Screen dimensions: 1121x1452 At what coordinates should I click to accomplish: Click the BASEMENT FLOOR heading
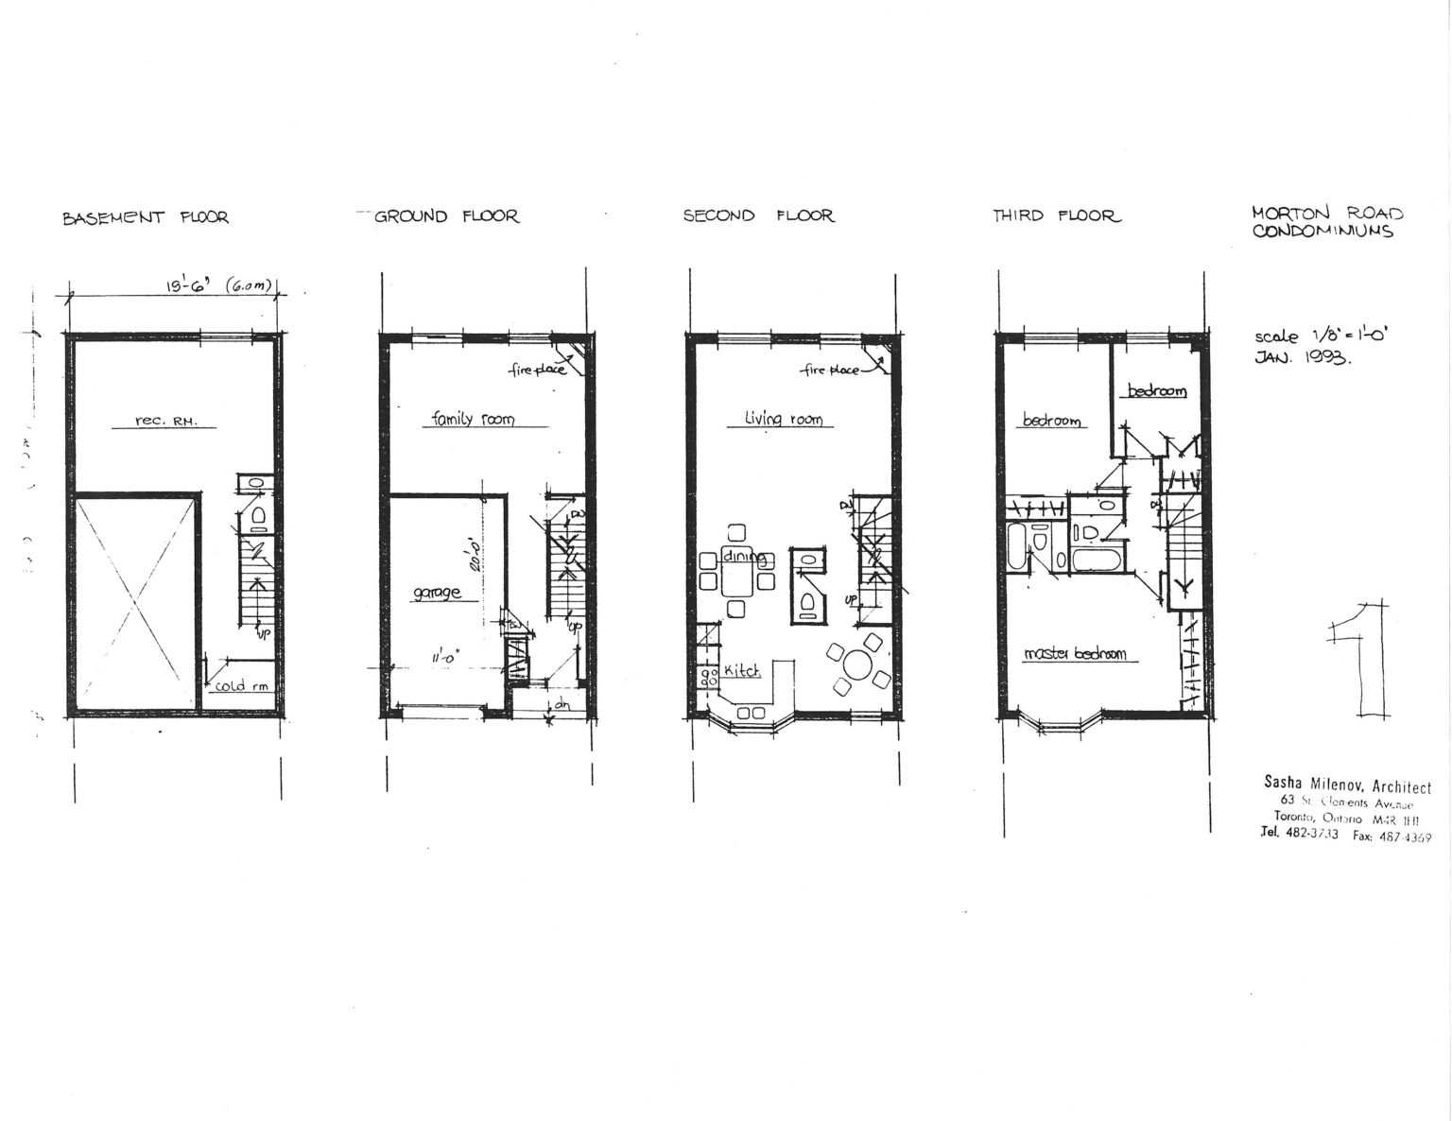tap(146, 217)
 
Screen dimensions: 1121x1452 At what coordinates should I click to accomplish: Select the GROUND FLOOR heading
tap(446, 216)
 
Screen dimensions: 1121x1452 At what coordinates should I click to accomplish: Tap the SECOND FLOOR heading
tap(758, 216)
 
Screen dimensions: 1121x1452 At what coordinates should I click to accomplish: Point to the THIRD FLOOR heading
tap(1056, 216)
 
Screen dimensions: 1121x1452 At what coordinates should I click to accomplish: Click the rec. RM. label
tap(166, 422)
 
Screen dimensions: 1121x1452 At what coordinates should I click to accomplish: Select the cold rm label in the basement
tap(242, 685)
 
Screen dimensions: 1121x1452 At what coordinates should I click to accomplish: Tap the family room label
tap(473, 419)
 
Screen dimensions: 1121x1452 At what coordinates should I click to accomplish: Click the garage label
tap(437, 593)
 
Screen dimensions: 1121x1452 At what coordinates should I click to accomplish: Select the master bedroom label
tap(1075, 653)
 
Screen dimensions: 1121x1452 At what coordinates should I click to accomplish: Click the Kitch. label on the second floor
tap(743, 670)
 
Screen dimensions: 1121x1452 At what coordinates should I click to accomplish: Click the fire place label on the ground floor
tap(538, 370)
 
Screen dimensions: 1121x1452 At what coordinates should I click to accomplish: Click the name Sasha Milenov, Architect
tap(1347, 785)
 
